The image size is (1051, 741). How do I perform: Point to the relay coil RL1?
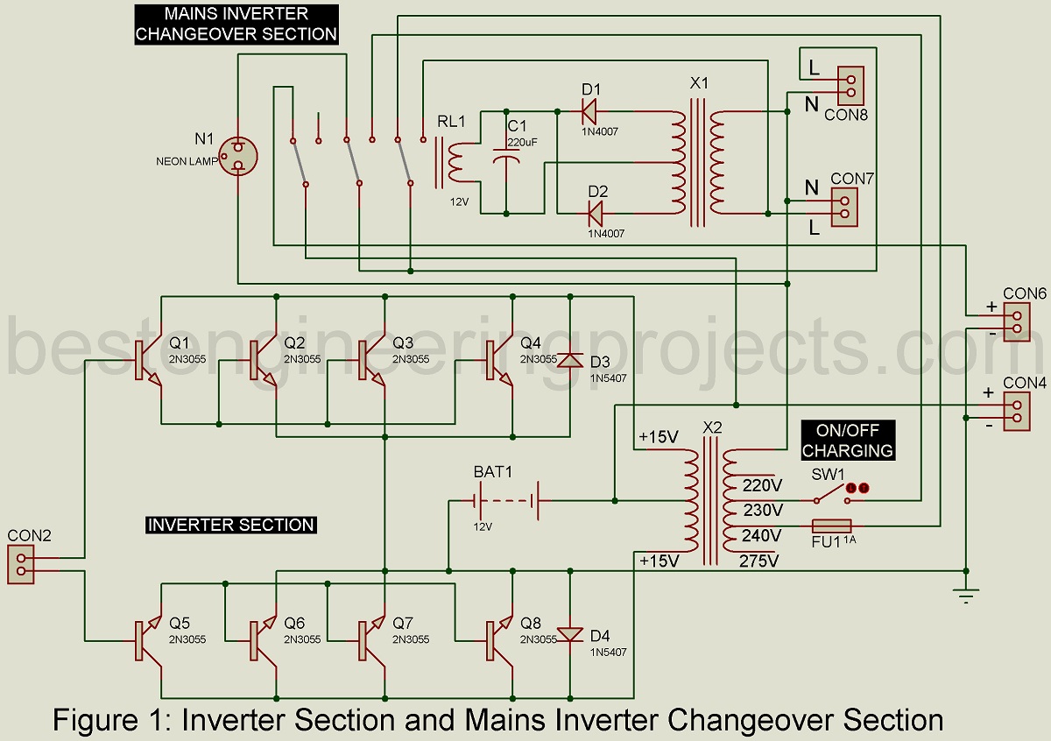pos(454,162)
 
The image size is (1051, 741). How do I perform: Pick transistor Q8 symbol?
pos(499,639)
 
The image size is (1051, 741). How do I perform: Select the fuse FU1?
pos(831,526)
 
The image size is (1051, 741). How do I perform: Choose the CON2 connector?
pos(22,565)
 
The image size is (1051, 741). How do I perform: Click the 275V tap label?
pos(759,561)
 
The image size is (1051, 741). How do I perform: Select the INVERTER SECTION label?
pos(230,525)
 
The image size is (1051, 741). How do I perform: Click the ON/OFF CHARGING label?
pos(847,441)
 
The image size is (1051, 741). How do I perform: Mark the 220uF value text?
pos(522,141)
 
